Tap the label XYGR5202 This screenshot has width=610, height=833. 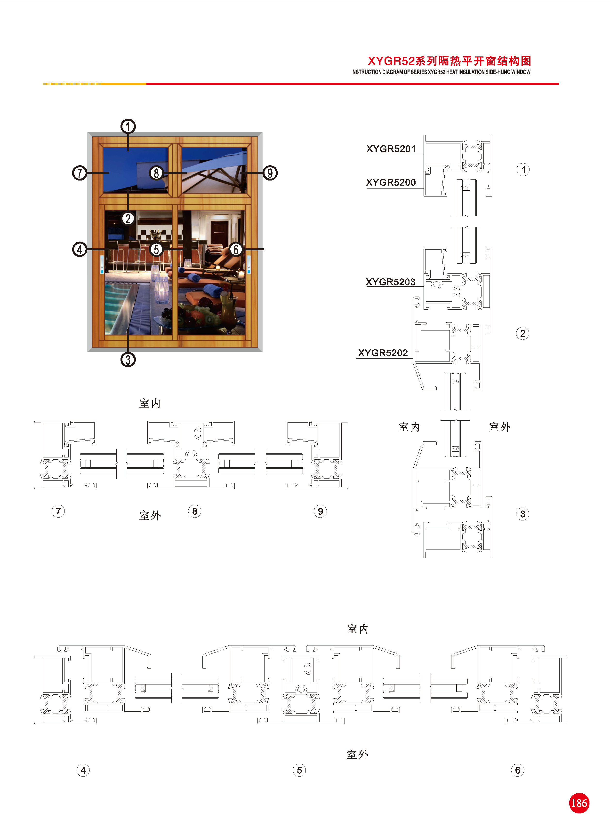[x=383, y=353]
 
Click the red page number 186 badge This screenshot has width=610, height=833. [x=579, y=803]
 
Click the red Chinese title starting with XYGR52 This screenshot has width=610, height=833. [x=449, y=61]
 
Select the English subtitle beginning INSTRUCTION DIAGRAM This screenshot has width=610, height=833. [x=441, y=72]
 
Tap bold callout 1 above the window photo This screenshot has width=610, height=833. [x=128, y=126]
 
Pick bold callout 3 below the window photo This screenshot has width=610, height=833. [x=128, y=360]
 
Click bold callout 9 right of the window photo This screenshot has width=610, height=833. [x=270, y=173]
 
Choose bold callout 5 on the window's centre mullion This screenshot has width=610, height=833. [x=157, y=249]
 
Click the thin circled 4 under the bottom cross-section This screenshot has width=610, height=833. [x=83, y=770]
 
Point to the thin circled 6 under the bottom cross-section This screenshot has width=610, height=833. [x=517, y=770]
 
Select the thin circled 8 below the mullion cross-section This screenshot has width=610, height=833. [x=195, y=511]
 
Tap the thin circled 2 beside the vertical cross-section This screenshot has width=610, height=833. [x=522, y=333]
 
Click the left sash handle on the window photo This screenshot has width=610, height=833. [x=102, y=265]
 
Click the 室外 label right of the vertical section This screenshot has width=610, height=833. [x=500, y=427]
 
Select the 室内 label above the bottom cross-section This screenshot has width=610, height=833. [x=357, y=629]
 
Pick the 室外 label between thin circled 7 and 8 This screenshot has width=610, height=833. [x=150, y=515]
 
